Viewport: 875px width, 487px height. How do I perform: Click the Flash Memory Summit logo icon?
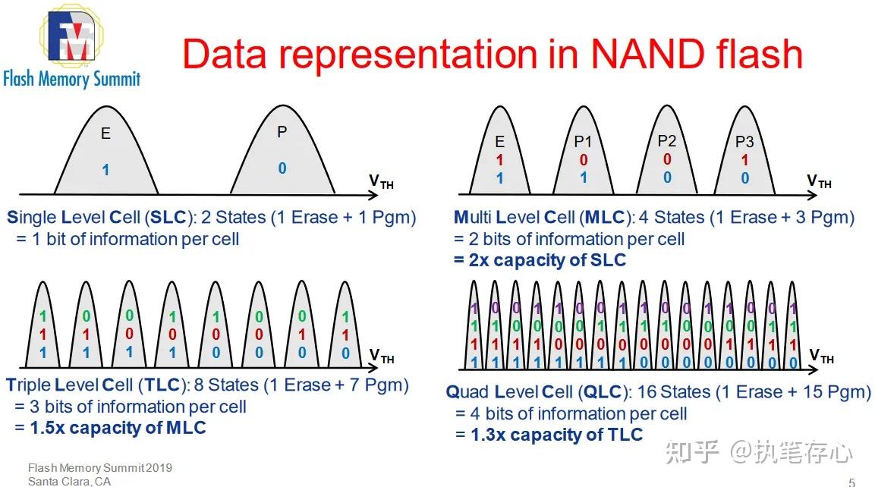point(72,36)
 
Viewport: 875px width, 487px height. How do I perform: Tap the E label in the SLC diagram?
point(105,134)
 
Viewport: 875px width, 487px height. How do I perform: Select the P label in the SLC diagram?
point(282,133)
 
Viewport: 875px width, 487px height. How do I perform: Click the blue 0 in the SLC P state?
point(282,168)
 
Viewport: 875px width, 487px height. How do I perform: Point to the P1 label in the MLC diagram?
point(583,143)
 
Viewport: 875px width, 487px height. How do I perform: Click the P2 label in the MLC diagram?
point(666,141)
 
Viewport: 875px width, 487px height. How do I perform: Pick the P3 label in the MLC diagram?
point(744,143)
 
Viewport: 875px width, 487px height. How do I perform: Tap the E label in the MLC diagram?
point(499,143)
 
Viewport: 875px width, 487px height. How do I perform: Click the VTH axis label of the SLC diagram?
point(381,181)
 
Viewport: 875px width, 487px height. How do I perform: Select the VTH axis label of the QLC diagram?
point(821,357)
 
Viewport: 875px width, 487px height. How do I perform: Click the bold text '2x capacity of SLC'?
point(540,260)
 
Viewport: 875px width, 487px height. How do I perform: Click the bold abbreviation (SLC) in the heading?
point(168,218)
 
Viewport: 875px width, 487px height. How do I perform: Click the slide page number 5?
point(851,482)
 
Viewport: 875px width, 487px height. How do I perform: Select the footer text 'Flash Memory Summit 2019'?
point(99,467)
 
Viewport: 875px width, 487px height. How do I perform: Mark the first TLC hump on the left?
point(42,322)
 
